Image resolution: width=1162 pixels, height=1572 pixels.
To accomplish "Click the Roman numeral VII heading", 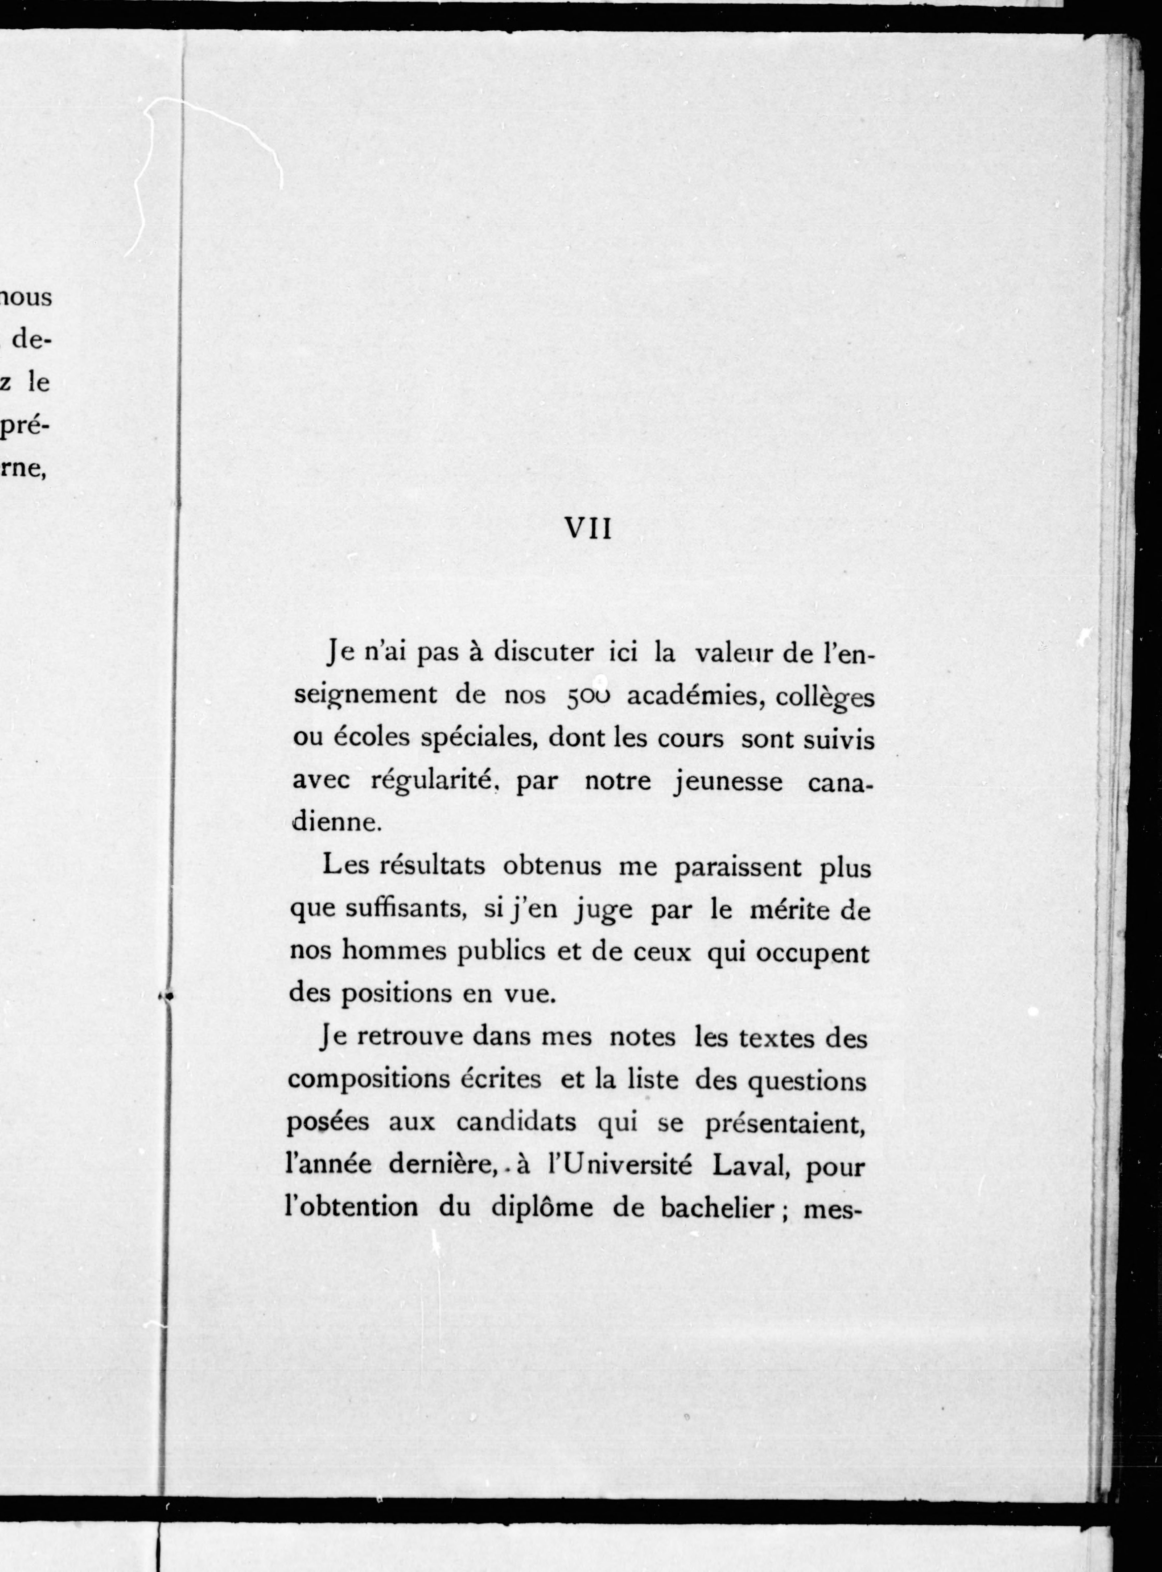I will pos(589,529).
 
